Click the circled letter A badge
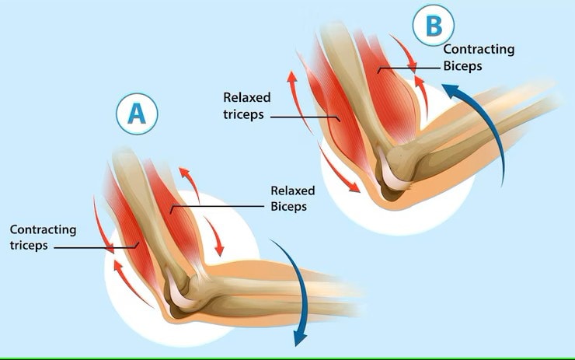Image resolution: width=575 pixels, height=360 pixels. coord(137,114)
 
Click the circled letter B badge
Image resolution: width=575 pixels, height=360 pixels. coord(433,26)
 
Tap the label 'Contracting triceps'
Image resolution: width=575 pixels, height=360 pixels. coord(43,237)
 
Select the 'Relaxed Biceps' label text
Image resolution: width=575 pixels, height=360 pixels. coord(288,198)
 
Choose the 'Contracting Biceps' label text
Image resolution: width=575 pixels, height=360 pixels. coord(479,58)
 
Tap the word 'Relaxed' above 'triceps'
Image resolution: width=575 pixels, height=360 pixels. coord(246,98)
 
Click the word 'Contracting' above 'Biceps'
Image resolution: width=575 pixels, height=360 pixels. coord(479,49)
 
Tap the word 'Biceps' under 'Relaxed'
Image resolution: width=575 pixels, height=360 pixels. coord(288,207)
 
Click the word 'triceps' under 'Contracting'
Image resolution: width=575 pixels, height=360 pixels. coord(30,246)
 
